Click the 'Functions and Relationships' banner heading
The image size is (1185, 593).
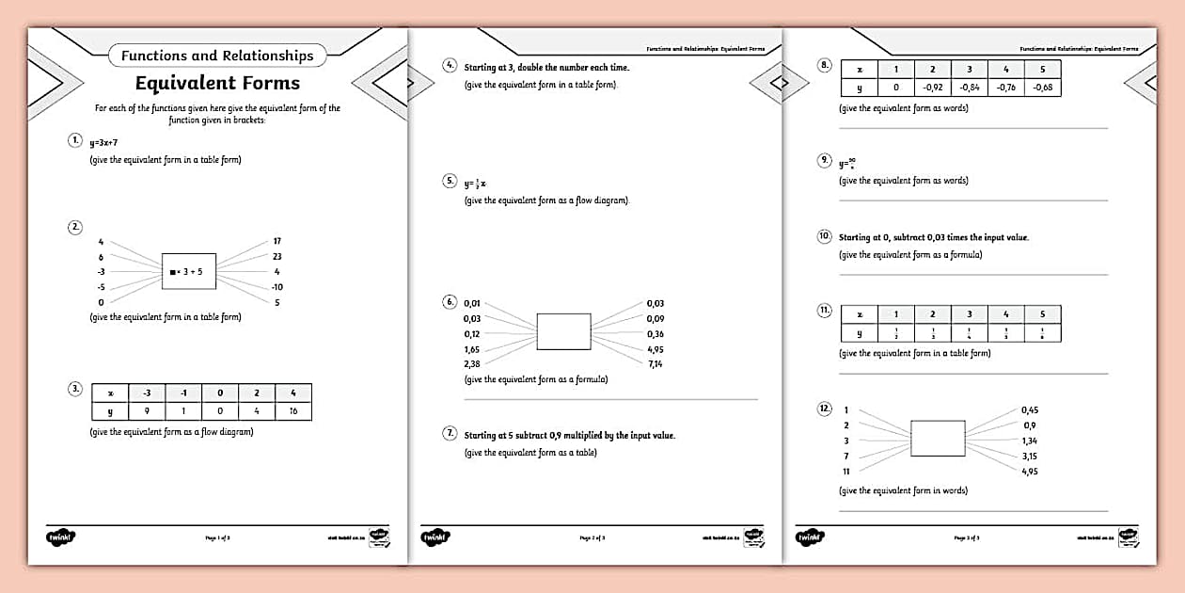[217, 56]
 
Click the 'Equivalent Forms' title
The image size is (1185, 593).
[217, 83]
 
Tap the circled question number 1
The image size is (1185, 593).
[75, 141]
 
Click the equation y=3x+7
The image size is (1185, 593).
[103, 143]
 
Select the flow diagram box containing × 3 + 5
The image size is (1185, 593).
[189, 272]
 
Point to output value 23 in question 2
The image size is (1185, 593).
[277, 256]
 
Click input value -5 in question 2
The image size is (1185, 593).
[102, 287]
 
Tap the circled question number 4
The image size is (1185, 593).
[450, 66]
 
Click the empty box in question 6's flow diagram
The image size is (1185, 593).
[563, 332]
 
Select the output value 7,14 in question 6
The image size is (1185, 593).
[655, 363]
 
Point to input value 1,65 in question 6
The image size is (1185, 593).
[472, 349]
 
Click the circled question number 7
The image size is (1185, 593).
[450, 434]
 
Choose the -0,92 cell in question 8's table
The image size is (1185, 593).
[932, 87]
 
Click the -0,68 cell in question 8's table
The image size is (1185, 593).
[1042, 87]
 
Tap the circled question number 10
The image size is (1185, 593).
[825, 236]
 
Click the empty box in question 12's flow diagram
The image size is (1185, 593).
[938, 439]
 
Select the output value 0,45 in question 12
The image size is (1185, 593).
[1030, 410]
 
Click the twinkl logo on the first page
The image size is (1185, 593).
[60, 537]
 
